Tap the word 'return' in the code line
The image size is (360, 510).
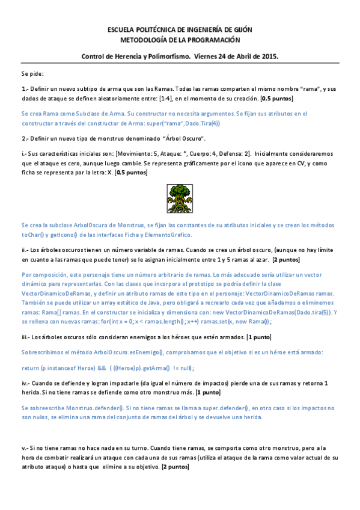click(x=31, y=367)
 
